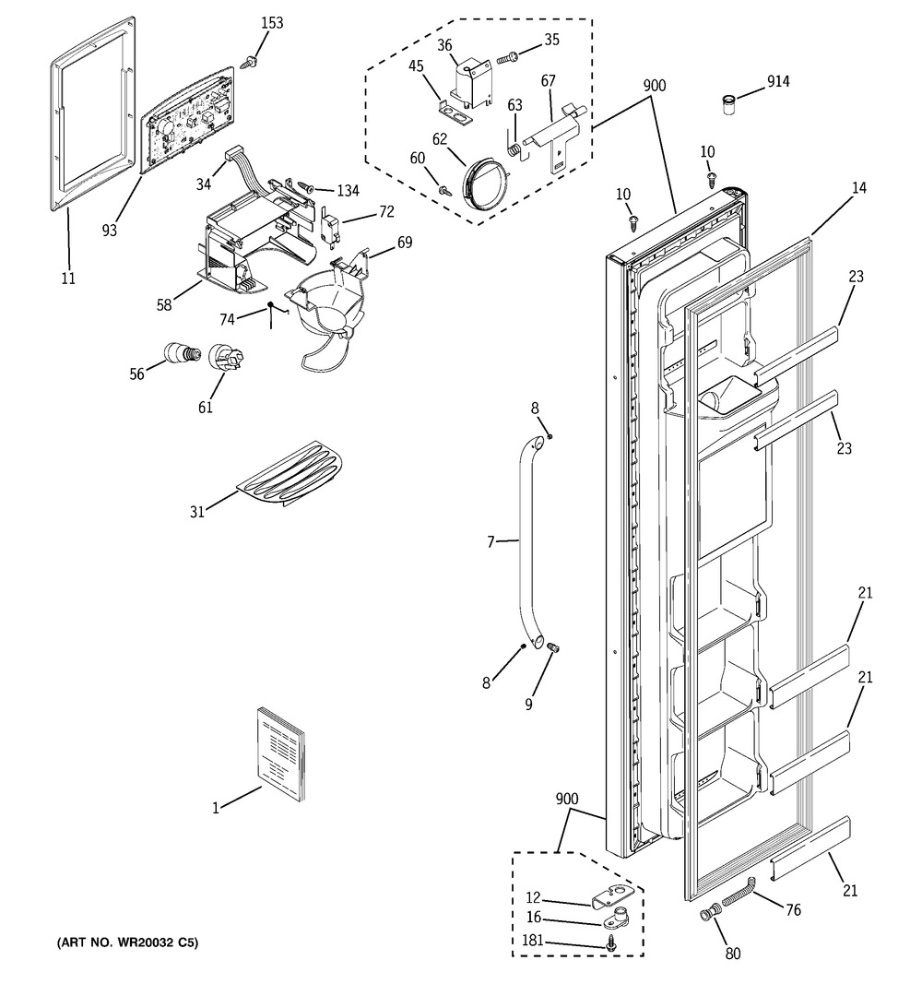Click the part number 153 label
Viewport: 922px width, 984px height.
[272, 23]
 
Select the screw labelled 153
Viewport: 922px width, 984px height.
[249, 62]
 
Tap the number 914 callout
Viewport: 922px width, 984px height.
[778, 81]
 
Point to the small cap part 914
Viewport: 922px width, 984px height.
[728, 104]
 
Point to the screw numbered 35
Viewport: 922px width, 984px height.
[507, 58]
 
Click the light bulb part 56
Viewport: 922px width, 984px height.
[183, 353]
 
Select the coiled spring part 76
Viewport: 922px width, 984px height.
[739, 891]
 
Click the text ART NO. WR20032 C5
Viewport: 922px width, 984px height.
[126, 942]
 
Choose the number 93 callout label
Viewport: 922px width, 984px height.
[109, 231]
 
